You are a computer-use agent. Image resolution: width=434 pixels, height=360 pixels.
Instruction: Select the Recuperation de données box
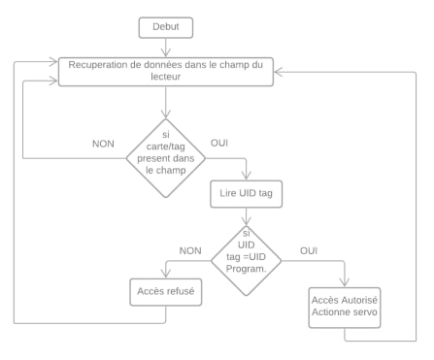tap(167, 71)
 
